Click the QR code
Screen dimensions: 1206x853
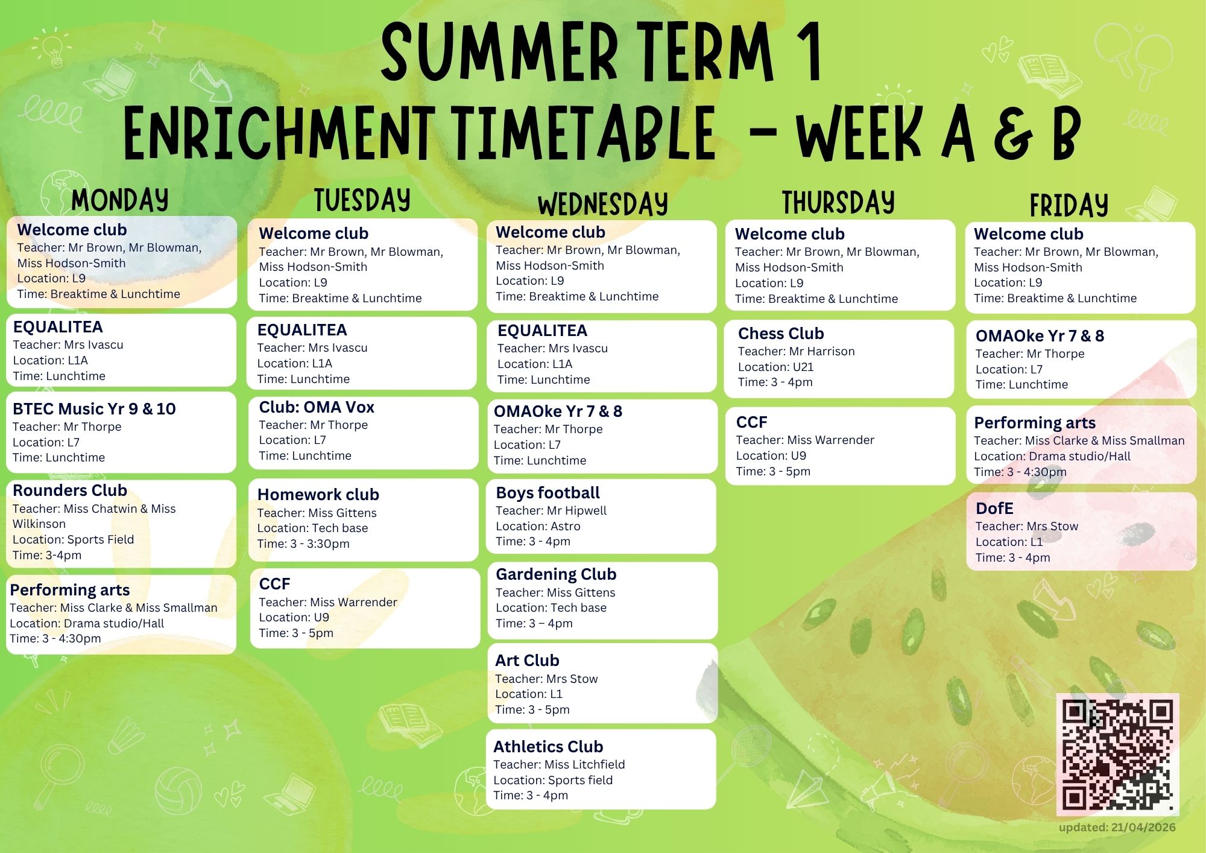pos(1117,754)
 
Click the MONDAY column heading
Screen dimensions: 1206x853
pos(120,200)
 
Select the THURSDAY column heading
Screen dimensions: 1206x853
pos(838,202)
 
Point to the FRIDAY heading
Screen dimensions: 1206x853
pos(1069,205)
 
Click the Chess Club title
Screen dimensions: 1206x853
pos(781,334)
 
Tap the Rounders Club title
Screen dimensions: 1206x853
pos(70,490)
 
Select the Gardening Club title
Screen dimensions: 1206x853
pos(556,574)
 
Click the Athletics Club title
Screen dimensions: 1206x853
pos(548,747)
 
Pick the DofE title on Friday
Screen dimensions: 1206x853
pos(994,509)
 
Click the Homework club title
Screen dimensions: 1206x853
pos(318,495)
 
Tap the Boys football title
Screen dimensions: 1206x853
pos(548,493)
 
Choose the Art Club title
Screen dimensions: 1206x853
pos(527,661)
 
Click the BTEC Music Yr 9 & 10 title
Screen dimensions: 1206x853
pos(94,409)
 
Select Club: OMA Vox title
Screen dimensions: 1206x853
pos(317,407)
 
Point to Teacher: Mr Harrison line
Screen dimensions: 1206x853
pos(796,351)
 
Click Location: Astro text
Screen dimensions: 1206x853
pos(538,526)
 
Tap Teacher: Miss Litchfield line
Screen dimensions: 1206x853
pos(559,764)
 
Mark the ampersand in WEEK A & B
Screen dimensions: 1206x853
pos(1013,134)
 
